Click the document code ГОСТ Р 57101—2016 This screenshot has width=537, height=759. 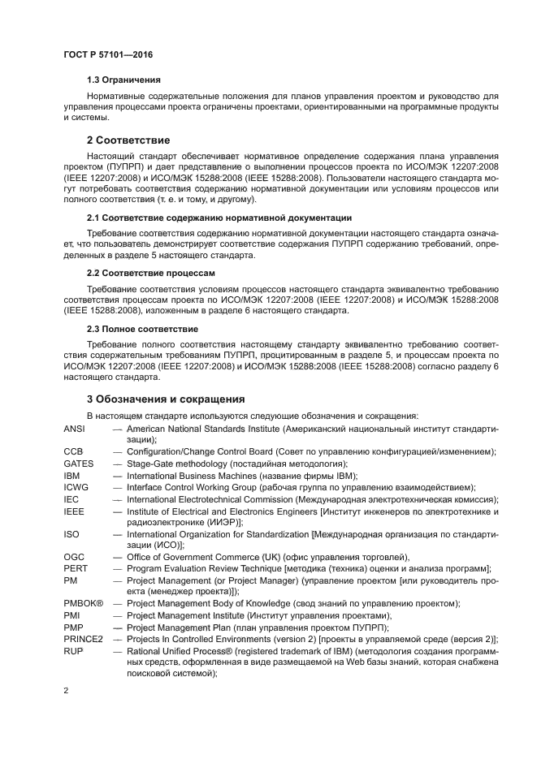click(x=107, y=54)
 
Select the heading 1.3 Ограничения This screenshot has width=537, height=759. click(x=123, y=80)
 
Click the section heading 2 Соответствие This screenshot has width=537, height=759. click(x=128, y=140)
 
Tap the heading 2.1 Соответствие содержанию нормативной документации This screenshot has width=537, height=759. click(x=219, y=218)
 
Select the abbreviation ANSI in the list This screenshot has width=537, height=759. click(x=74, y=428)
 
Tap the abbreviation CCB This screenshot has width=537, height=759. click(x=73, y=451)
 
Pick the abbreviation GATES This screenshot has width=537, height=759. click(x=77, y=464)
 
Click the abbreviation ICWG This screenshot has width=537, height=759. click(x=76, y=487)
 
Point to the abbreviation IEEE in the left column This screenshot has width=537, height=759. click(x=74, y=511)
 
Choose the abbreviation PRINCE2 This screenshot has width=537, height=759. click(x=83, y=639)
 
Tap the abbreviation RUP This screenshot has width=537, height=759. click(x=72, y=651)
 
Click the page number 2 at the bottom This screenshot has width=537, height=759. click(x=66, y=690)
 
